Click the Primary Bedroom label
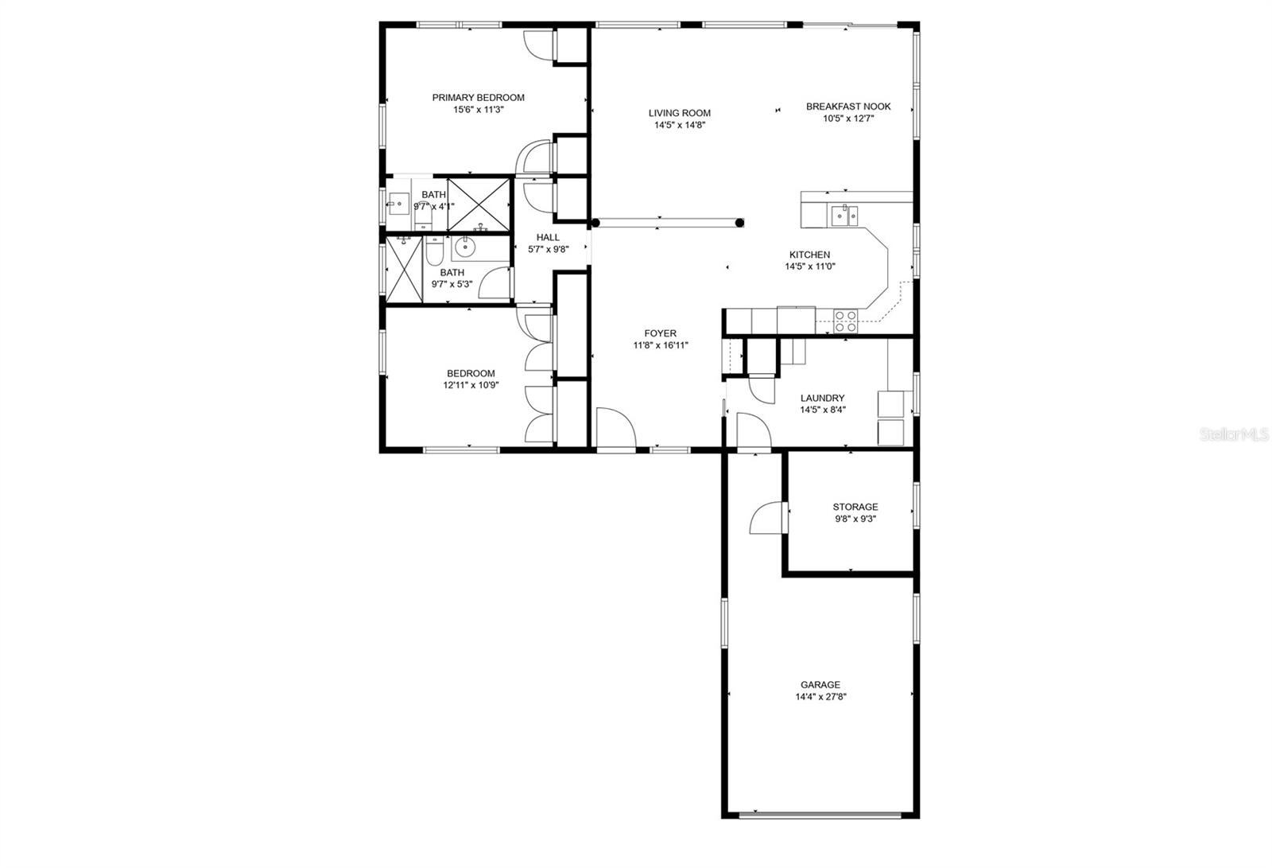coord(478,98)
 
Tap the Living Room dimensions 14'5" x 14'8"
coord(680,125)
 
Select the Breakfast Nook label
coord(848,107)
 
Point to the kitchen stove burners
coord(845,321)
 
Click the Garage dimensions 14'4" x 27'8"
coord(820,697)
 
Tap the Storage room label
coord(855,507)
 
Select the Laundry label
coord(822,399)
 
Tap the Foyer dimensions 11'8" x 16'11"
coord(661,345)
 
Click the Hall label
coord(548,237)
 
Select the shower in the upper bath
coord(479,204)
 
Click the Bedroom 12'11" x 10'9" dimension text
coord(471,385)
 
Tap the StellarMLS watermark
coord(1234,434)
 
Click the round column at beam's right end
coord(739,223)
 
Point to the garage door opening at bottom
coord(820,815)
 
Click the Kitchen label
coord(809,255)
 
